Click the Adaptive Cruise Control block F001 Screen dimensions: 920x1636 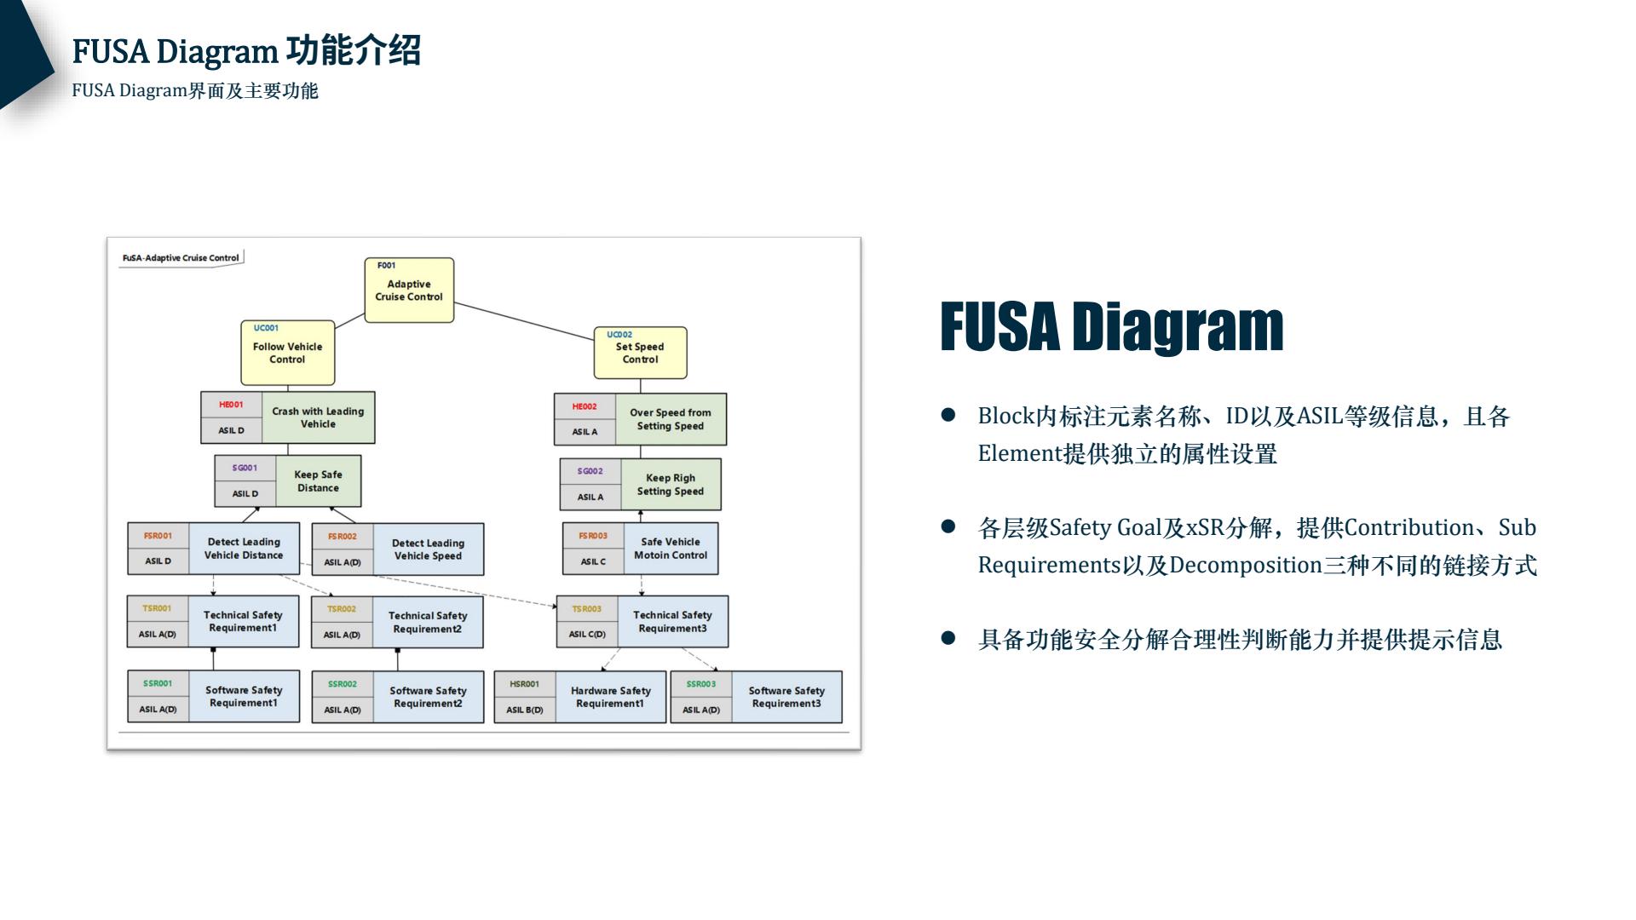tap(409, 290)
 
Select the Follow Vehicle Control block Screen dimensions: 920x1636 tap(287, 353)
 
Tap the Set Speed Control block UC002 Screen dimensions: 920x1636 tap(640, 353)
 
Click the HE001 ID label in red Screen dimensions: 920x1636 tap(231, 405)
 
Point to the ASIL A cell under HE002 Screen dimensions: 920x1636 tap(585, 432)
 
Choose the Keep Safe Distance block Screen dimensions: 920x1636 tap(318, 481)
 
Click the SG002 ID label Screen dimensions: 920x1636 tap(590, 471)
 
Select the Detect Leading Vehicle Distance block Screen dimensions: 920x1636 tap(244, 549)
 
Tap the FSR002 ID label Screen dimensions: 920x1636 tap(342, 537)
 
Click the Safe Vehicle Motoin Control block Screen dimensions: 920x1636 tap(671, 549)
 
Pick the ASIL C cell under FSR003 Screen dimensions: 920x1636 tap(593, 561)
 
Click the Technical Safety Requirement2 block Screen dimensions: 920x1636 tap(428, 622)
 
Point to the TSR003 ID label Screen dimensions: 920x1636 tap(586, 609)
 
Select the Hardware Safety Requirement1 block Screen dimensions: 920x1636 tap(610, 697)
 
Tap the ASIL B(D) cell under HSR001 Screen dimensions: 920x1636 tap(524, 710)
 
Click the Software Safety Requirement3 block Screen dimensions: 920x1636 tap(786, 697)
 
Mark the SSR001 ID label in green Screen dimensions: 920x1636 tap(158, 683)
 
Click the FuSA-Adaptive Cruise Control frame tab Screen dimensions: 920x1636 tap(181, 258)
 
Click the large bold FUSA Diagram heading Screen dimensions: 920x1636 tap(1111, 327)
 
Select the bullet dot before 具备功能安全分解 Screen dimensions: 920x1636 tap(948, 637)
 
